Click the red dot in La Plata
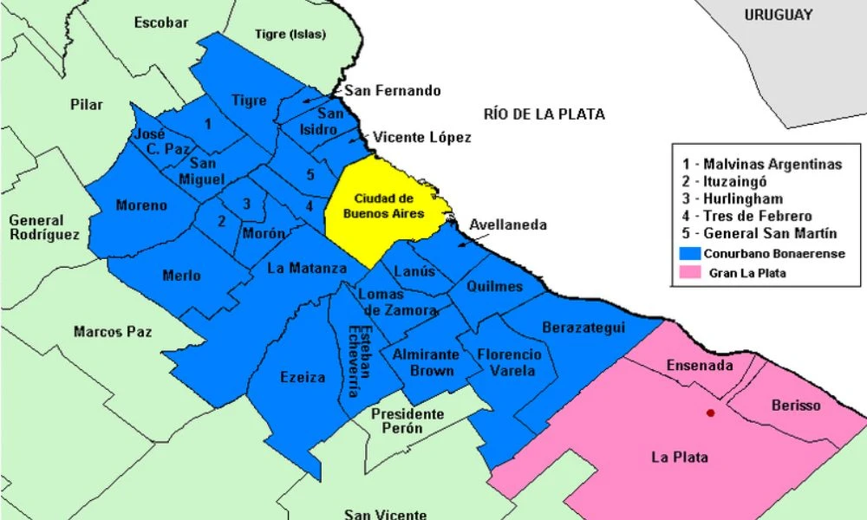tap(711, 413)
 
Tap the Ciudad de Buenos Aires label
tap(382, 205)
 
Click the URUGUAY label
tap(778, 15)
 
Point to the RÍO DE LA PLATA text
tap(544, 114)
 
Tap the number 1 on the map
tap(207, 124)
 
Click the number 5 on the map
tap(310, 175)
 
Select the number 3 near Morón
tap(247, 204)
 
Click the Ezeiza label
tap(303, 377)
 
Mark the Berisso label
tap(795, 406)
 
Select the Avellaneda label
tap(508, 224)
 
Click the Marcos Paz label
tap(113, 331)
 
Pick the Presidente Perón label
tap(408, 421)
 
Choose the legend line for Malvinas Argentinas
tap(761, 164)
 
